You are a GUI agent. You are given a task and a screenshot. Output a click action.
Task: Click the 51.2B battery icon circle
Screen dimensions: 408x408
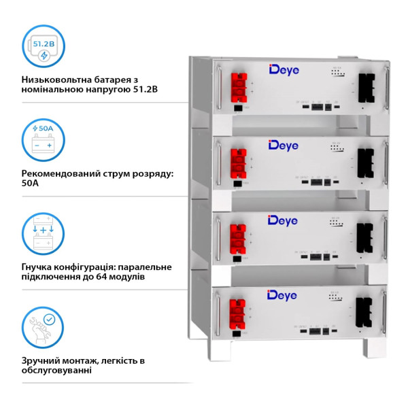tap(43, 48)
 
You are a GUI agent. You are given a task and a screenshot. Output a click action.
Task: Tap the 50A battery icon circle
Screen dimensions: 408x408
tap(43, 141)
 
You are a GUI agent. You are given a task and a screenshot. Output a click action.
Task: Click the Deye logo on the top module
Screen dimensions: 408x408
tap(284, 70)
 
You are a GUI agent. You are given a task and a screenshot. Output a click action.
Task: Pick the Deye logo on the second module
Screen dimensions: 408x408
tap(284, 145)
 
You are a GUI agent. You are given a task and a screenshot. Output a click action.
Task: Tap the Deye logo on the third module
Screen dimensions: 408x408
tap(284, 220)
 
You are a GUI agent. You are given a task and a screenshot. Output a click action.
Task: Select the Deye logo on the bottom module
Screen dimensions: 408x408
tap(284, 294)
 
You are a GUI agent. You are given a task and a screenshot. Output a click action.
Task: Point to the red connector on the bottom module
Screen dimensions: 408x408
tap(239, 311)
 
